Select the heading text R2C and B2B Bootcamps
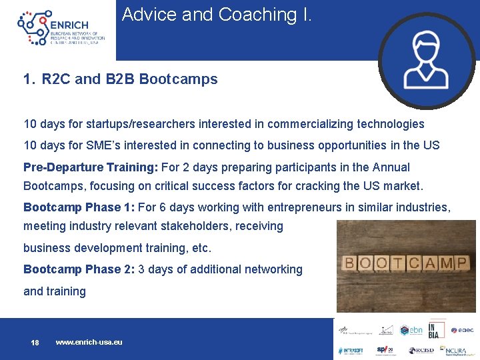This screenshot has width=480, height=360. point(129,79)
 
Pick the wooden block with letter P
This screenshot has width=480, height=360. point(460,263)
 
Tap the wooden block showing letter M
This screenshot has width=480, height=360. point(445,263)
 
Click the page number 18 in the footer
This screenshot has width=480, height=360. point(35,343)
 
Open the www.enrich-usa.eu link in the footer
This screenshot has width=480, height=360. point(89,342)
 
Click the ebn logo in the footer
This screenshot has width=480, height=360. point(411,330)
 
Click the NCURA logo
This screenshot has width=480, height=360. point(456,350)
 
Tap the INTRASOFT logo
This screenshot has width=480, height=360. point(351,350)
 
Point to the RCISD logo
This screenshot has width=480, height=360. point(421,350)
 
